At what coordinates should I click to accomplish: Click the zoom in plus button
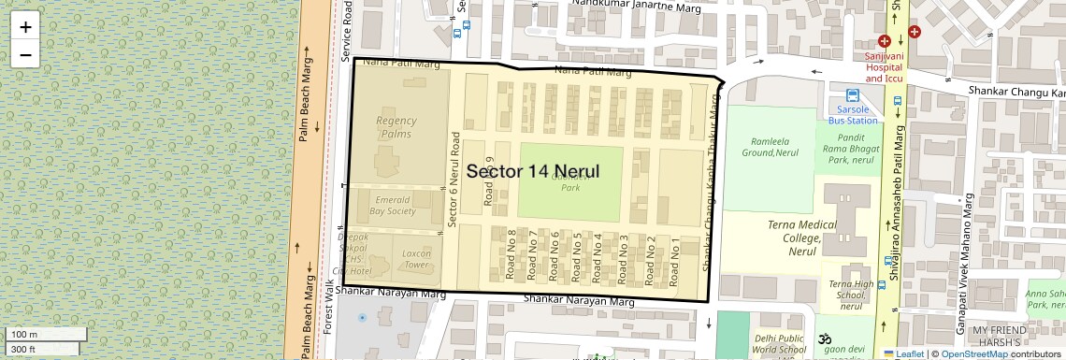pos(25,27)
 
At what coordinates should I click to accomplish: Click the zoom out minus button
pos(25,54)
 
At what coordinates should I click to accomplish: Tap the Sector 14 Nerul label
pos(532,172)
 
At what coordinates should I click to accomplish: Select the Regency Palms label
pos(396,127)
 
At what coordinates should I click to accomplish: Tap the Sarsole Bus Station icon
pos(853,95)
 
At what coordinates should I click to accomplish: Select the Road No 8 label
pos(511,253)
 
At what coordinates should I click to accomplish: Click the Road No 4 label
pos(598,256)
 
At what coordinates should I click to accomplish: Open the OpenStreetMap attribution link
pos(973,353)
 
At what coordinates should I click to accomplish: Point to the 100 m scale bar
pos(46,335)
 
